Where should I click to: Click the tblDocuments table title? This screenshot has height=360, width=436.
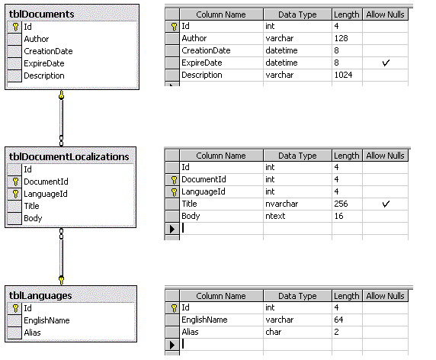[x=41, y=14]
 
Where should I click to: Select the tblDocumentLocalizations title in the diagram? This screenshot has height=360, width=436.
[x=69, y=157]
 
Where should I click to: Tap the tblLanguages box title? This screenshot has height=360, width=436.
[x=40, y=295]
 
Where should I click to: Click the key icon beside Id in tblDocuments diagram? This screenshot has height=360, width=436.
[x=15, y=27]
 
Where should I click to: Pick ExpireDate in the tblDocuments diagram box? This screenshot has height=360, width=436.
[x=44, y=63]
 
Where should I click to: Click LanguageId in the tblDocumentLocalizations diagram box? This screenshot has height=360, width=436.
[x=46, y=194]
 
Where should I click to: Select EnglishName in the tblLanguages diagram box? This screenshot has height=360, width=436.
[x=46, y=320]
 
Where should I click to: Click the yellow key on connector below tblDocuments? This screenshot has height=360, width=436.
[x=62, y=95]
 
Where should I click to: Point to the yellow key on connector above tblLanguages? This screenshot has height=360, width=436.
[x=62, y=280]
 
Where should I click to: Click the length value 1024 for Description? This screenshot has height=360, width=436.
[x=344, y=75]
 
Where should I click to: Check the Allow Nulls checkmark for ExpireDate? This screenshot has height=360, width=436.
[x=386, y=63]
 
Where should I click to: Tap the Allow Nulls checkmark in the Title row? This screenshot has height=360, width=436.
[x=386, y=204]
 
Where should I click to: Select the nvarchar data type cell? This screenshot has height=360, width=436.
[x=282, y=204]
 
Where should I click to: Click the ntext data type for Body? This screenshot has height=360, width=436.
[x=275, y=216]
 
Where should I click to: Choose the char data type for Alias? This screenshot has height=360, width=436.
[x=274, y=332]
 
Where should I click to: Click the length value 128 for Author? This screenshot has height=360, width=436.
[x=341, y=38]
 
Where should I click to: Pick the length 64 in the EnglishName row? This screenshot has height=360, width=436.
[x=338, y=320]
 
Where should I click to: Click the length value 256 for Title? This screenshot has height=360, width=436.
[x=341, y=204]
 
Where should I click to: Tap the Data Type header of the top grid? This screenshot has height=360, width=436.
[x=297, y=14]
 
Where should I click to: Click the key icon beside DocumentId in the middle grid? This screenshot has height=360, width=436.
[x=174, y=180]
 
